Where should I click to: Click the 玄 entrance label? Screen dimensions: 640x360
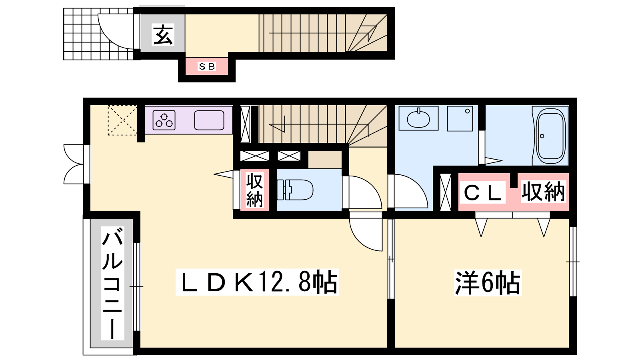(x=163, y=35)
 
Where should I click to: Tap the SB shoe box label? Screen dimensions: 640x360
(x=207, y=66)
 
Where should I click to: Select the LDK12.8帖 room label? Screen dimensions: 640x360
(x=257, y=282)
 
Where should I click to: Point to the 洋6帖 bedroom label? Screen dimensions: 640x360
(x=488, y=282)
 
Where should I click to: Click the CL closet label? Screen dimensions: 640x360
(x=482, y=192)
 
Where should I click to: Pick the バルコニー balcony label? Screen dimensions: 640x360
(x=112, y=283)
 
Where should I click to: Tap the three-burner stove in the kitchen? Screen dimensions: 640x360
(x=164, y=120)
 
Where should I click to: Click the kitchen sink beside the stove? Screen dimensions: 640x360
(x=209, y=120)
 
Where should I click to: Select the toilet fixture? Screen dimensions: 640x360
(x=295, y=190)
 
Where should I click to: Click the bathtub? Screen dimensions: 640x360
(x=550, y=136)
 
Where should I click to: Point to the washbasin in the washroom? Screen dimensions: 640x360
(x=418, y=118)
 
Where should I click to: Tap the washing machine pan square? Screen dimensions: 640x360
(x=460, y=118)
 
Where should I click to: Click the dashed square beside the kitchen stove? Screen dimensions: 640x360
(x=122, y=120)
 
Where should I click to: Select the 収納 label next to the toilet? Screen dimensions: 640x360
(x=254, y=190)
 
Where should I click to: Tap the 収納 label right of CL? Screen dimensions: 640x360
(x=543, y=192)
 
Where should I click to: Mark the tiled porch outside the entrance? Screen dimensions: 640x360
(x=98, y=34)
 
